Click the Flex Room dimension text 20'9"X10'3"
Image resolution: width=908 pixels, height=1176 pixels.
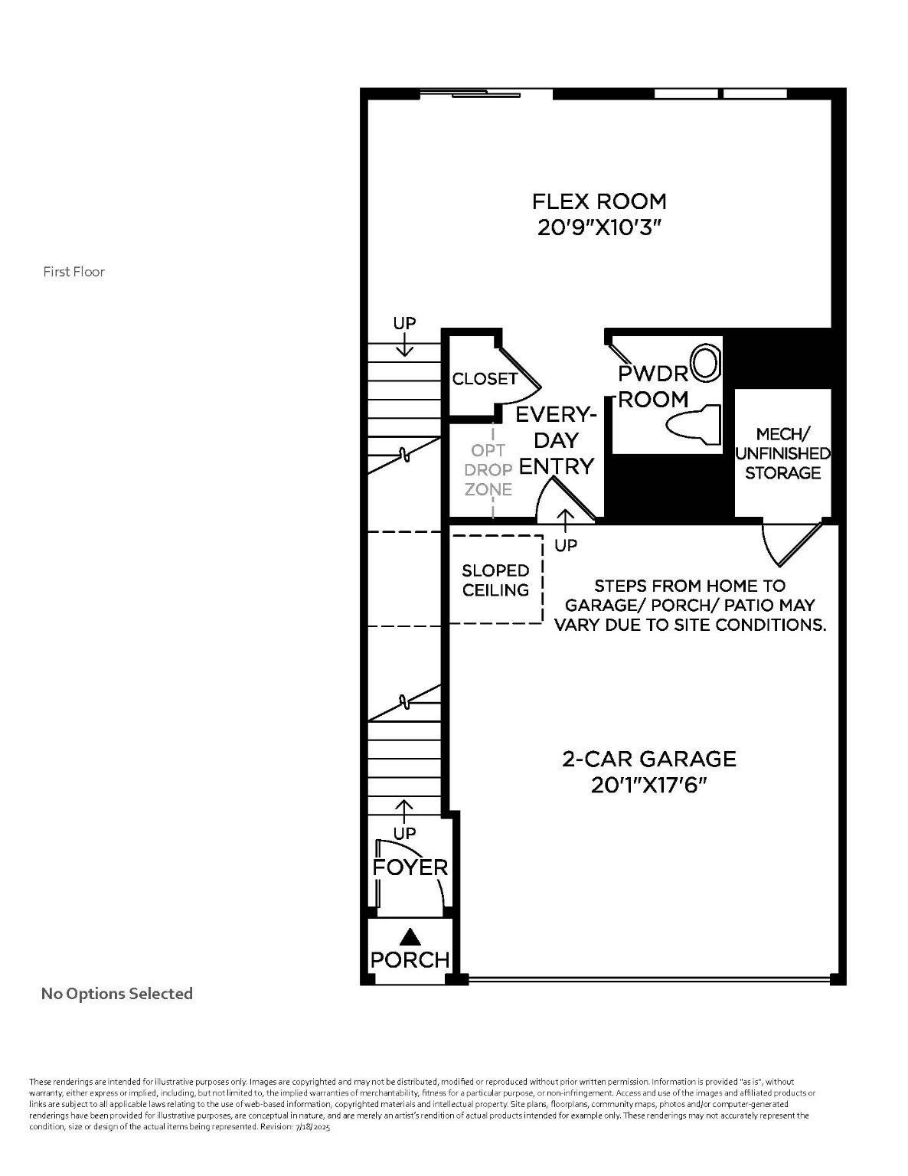click(599, 228)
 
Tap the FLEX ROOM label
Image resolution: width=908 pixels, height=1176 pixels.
click(599, 201)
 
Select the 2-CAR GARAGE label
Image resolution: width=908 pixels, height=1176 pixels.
click(648, 759)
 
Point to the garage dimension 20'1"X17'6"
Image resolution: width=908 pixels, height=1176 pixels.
click(648, 785)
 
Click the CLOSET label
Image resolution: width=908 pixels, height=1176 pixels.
click(485, 379)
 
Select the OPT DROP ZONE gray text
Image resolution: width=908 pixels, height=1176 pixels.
click(488, 470)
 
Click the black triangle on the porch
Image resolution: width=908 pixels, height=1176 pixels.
click(411, 936)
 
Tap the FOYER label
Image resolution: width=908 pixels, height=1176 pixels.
click(410, 867)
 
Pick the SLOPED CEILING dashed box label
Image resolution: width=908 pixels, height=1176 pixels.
click(495, 580)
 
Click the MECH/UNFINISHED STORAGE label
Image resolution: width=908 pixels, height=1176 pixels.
click(782, 454)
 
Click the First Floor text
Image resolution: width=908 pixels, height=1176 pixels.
click(73, 272)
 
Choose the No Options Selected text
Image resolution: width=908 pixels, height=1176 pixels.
click(116, 994)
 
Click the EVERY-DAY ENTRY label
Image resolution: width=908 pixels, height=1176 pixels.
click(556, 440)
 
